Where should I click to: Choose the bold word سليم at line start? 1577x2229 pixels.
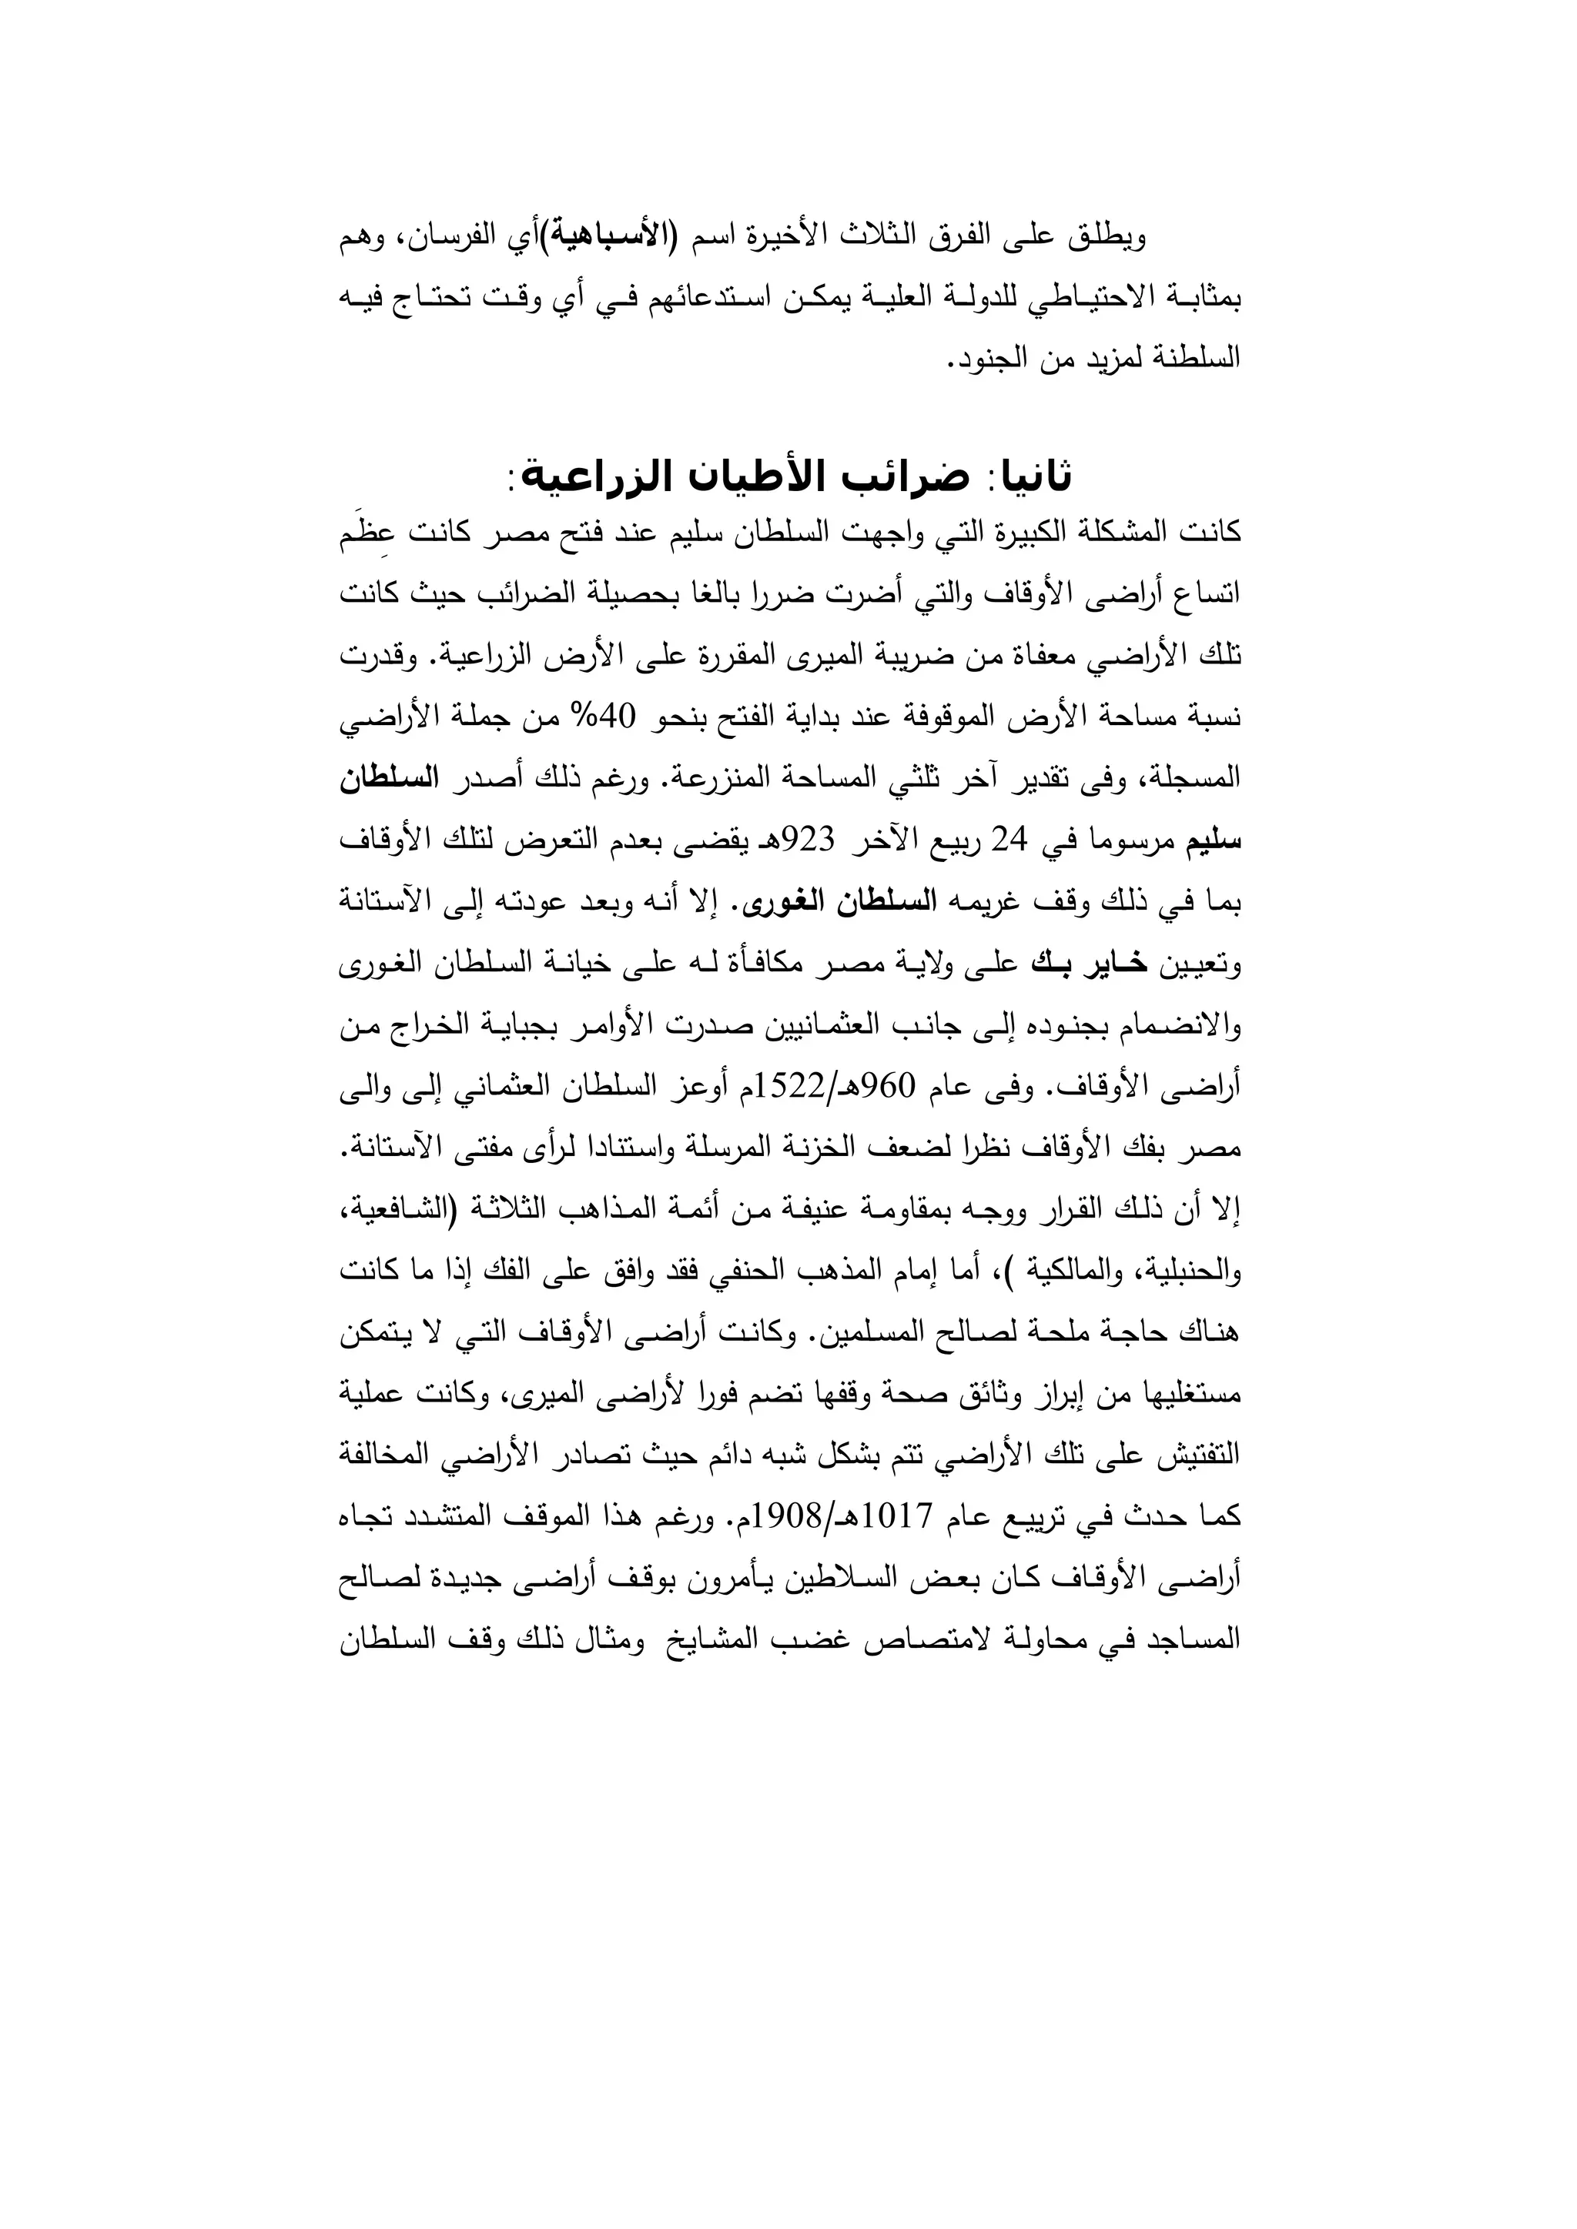click(1215, 840)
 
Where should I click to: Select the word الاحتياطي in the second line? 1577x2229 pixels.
click(1098, 298)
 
